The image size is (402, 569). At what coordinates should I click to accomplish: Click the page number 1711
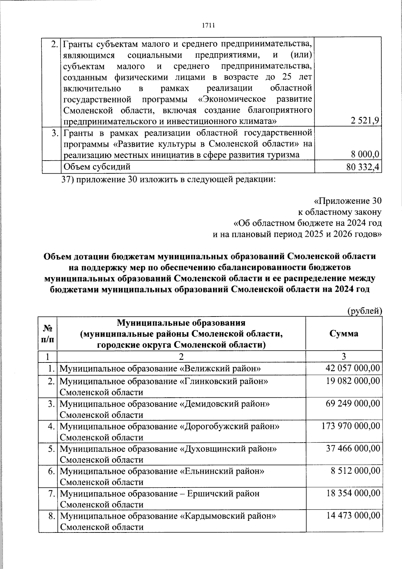click(209, 26)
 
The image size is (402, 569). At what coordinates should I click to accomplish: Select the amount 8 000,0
click(365, 155)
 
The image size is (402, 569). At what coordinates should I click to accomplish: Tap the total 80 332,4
click(363, 167)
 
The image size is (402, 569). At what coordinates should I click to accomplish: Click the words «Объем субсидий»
click(97, 167)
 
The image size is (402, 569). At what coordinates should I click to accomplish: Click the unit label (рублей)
click(364, 311)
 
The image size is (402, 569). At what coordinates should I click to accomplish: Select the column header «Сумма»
click(344, 333)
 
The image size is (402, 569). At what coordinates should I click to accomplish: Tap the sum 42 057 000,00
click(353, 368)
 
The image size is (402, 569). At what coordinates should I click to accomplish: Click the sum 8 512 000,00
click(355, 471)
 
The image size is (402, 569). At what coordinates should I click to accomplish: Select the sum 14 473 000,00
click(353, 516)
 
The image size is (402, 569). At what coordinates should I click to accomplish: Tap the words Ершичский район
click(223, 494)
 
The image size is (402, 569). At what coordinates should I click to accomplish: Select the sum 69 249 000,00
click(353, 404)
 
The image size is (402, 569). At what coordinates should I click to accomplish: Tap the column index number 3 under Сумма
click(344, 356)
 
